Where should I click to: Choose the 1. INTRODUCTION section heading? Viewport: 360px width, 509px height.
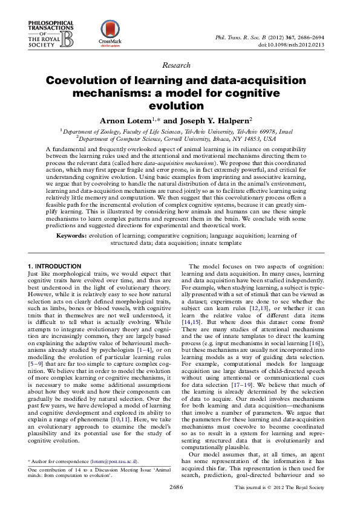click(x=54, y=267)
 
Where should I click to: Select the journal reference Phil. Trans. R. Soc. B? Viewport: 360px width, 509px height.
click(x=243, y=37)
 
